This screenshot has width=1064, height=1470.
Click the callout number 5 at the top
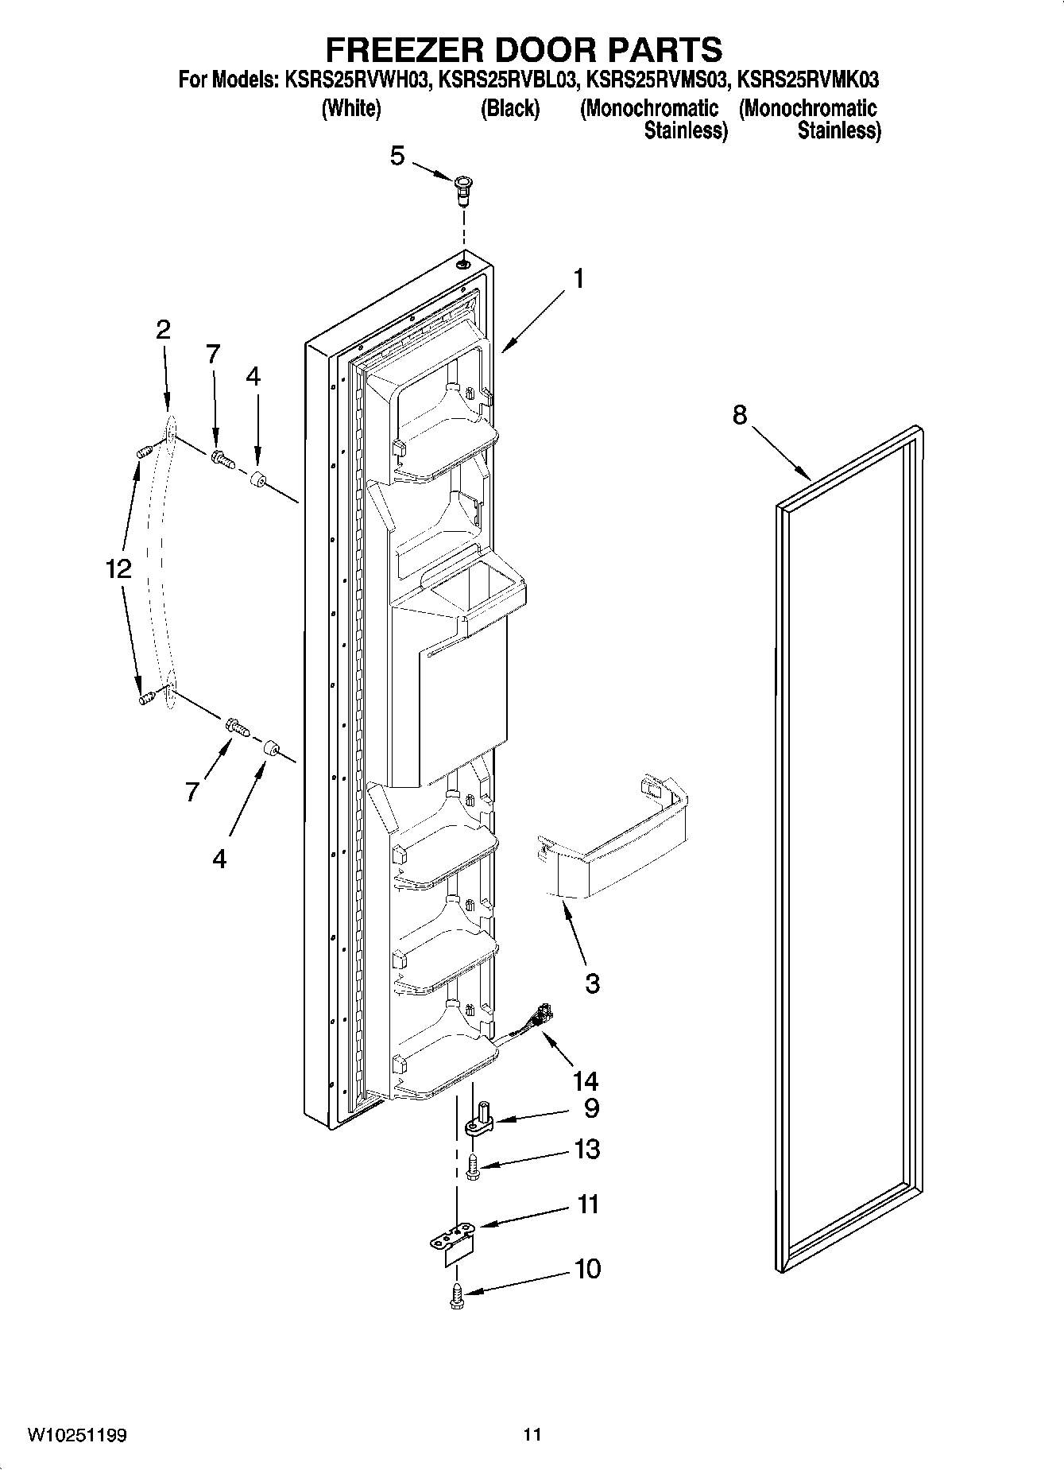[397, 157]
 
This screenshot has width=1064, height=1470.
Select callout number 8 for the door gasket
[739, 415]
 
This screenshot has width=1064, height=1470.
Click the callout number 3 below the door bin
[593, 983]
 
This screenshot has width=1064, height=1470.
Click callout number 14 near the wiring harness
[586, 1081]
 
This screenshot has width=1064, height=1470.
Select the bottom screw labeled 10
[457, 1296]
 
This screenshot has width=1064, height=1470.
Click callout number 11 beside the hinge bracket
[587, 1204]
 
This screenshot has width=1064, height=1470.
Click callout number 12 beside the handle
[118, 569]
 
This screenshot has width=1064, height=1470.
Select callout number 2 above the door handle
[163, 330]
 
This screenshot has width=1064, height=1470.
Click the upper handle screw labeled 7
[222, 458]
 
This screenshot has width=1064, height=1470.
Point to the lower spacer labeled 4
[271, 748]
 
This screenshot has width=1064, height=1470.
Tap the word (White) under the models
[350, 109]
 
